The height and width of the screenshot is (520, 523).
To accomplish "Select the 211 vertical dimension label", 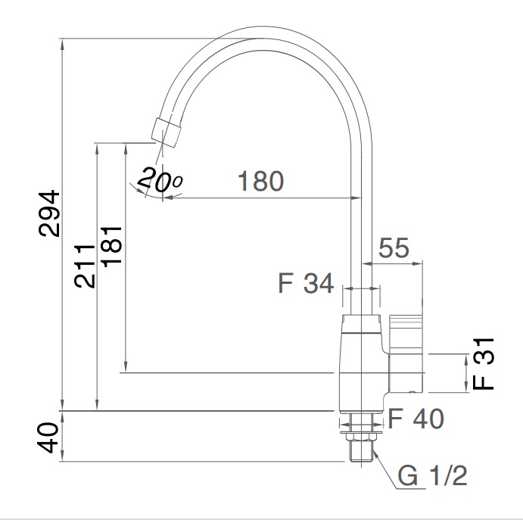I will (85, 264).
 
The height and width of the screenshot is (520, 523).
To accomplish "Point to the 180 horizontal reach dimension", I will (260, 182).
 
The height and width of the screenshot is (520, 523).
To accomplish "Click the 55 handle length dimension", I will (393, 248).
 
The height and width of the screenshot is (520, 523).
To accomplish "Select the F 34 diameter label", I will (305, 285).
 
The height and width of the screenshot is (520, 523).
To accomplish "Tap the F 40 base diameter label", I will (416, 418).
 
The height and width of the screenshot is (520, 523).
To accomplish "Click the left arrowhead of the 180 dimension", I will (167, 198).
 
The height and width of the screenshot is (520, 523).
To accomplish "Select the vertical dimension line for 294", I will (62, 227).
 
